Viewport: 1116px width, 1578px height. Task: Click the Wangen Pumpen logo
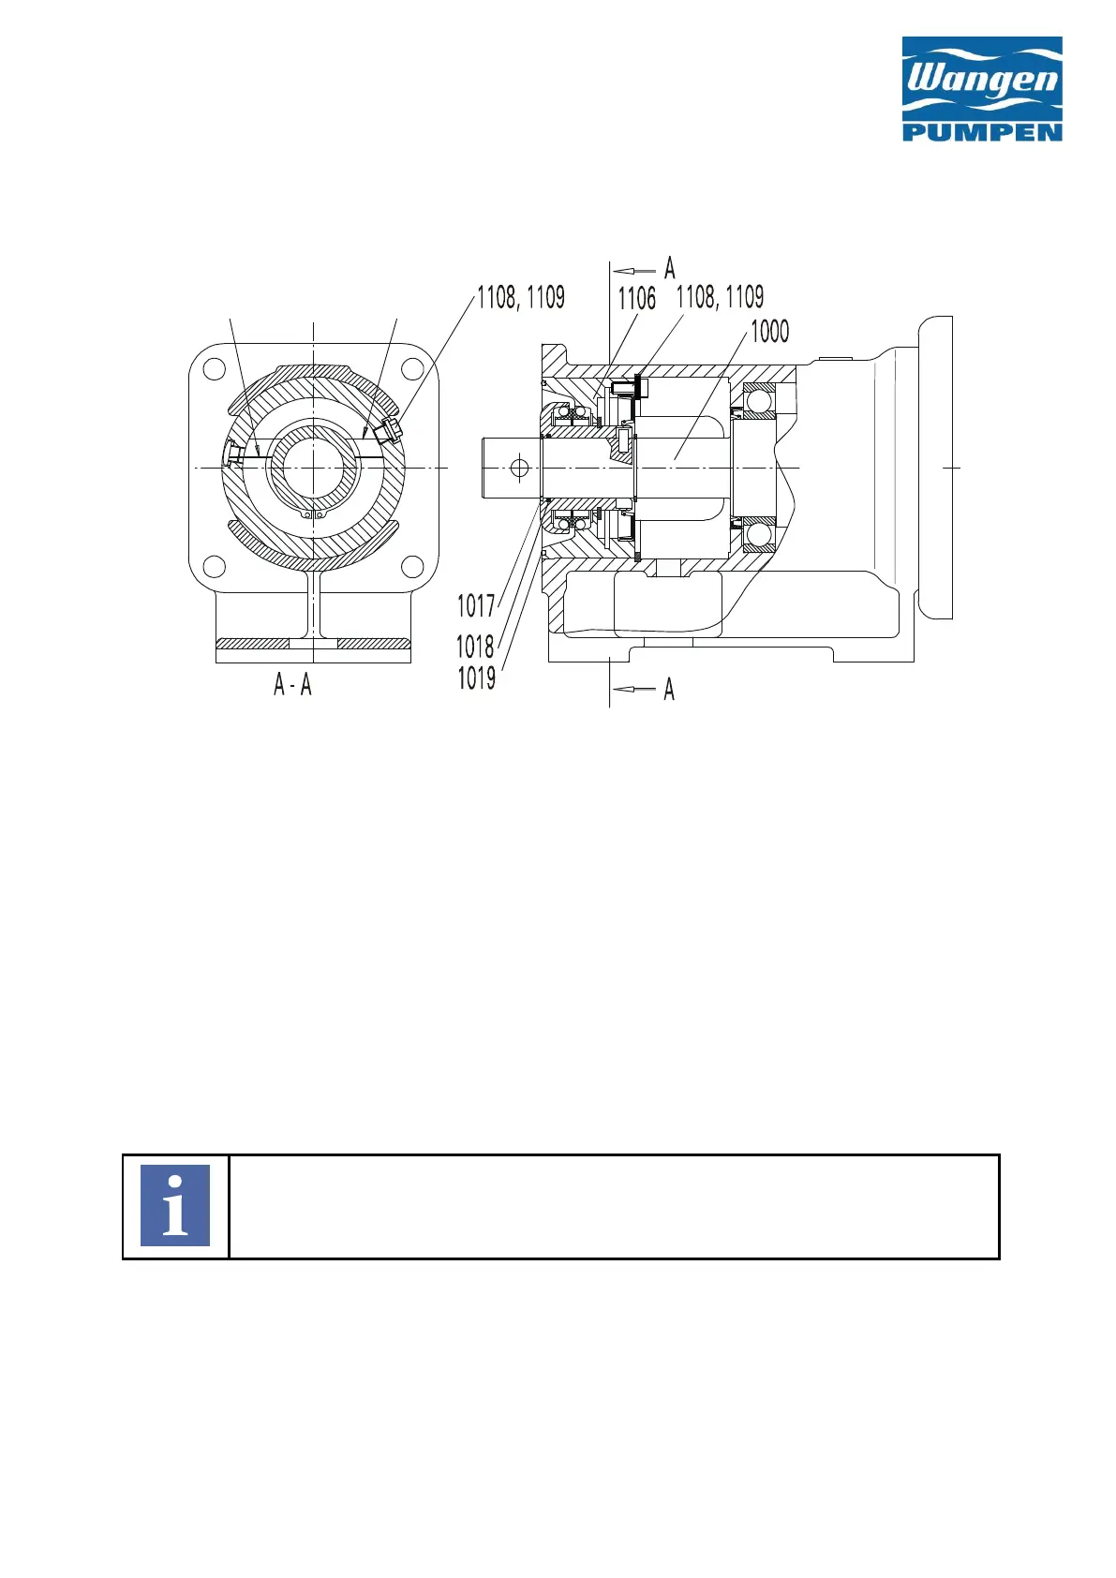click(x=982, y=89)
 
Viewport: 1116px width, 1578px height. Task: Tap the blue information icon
click(x=174, y=1205)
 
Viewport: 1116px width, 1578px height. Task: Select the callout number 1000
click(x=770, y=331)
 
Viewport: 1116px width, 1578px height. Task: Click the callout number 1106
click(x=637, y=299)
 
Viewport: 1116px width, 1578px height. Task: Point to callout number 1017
click(x=476, y=606)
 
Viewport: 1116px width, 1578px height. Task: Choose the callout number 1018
click(x=476, y=646)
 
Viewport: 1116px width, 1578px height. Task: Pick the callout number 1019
click(x=476, y=678)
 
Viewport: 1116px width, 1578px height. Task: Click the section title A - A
click(x=292, y=684)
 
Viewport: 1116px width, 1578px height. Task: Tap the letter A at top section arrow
click(x=669, y=268)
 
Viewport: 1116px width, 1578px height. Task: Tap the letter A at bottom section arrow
click(x=669, y=689)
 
